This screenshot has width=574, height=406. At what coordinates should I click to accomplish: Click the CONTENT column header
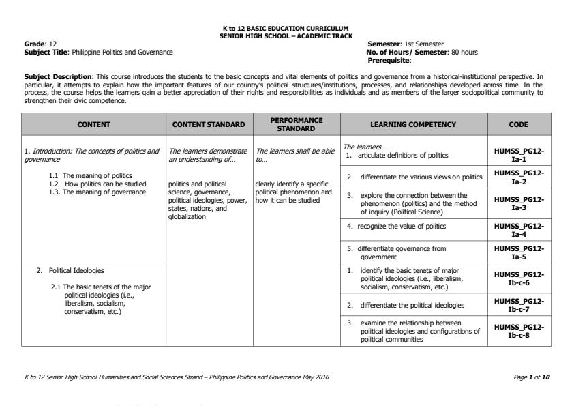coord(93,124)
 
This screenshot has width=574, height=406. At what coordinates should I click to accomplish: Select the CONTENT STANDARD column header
coord(209,124)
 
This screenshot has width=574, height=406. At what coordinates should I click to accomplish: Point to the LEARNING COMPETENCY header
coord(413,124)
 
